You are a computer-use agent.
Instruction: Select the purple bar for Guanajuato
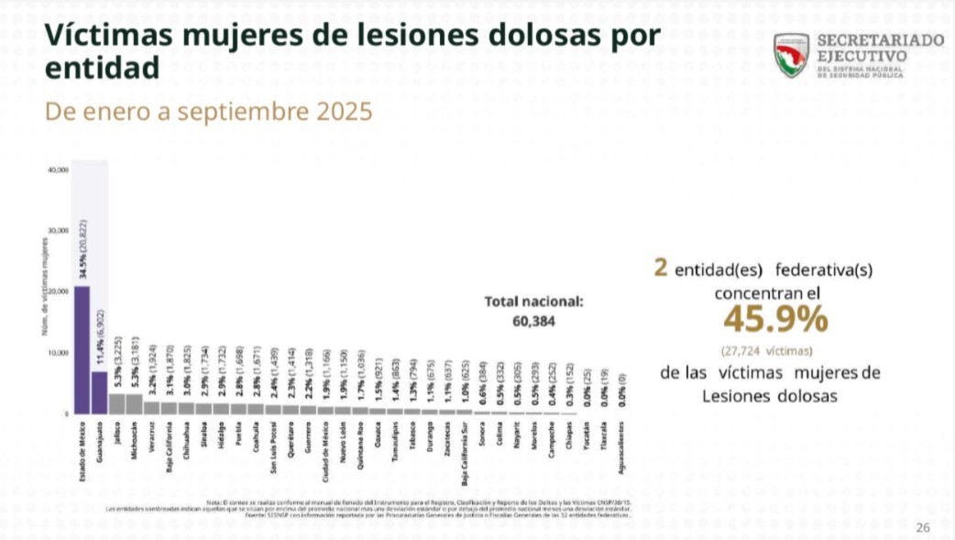click(100, 392)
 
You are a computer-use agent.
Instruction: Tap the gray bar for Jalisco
click(117, 403)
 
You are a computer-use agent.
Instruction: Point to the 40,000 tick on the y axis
click(58, 171)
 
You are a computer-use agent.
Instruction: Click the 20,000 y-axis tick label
click(58, 292)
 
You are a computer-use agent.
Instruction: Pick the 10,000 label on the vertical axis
click(58, 353)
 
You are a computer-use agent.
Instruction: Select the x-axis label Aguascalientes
click(623, 448)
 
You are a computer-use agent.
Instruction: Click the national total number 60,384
click(532, 321)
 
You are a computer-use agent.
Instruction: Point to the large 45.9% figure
click(774, 319)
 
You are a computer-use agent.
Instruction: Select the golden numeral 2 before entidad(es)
click(660, 268)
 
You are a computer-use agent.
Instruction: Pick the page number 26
click(923, 526)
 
